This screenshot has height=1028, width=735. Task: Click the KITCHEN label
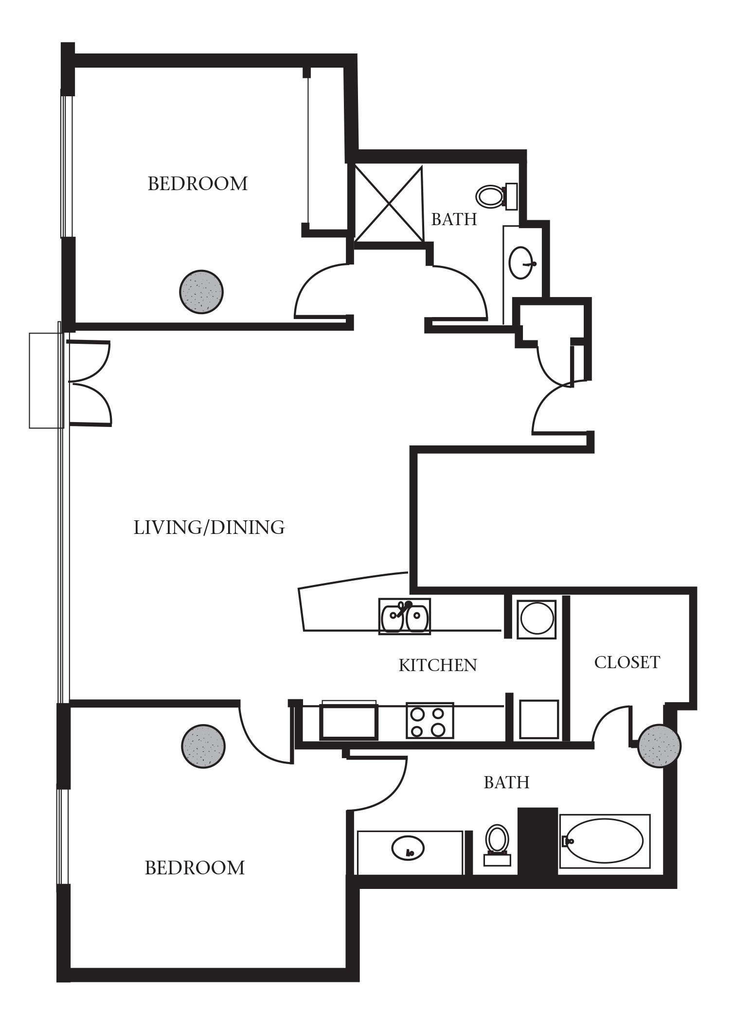click(438, 665)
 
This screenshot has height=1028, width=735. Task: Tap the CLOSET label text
click(627, 662)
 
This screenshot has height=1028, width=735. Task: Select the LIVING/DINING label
click(209, 528)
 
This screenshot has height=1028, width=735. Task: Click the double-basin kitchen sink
click(405, 617)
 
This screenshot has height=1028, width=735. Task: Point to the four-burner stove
click(430, 721)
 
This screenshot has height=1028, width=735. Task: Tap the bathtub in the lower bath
click(605, 841)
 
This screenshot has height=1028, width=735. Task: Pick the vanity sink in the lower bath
click(408, 848)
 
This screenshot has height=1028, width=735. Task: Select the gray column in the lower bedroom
click(203, 746)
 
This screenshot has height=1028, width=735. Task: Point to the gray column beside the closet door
click(659, 745)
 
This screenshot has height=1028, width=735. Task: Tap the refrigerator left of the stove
click(348, 720)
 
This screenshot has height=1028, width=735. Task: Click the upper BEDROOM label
click(197, 184)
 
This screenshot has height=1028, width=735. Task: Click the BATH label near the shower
click(454, 220)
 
